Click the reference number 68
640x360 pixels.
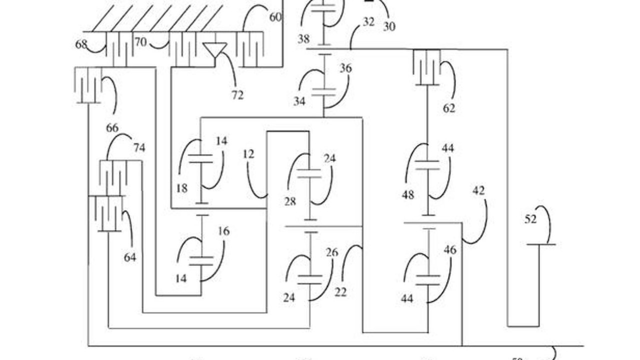[x=81, y=44]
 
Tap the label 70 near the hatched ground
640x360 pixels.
[x=140, y=42]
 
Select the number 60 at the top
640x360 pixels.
[x=275, y=17]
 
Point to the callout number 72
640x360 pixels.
[x=237, y=94]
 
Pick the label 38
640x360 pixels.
[x=303, y=39]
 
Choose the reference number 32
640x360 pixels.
[x=368, y=21]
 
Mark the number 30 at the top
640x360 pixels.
[x=389, y=26]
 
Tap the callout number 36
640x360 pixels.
[x=345, y=68]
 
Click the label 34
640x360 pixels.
[x=299, y=101]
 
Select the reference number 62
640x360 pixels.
[x=449, y=107]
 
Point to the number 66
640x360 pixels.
[x=112, y=127]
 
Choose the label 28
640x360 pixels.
[x=289, y=201]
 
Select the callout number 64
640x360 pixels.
[x=130, y=257]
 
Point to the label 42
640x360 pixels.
[x=478, y=190]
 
